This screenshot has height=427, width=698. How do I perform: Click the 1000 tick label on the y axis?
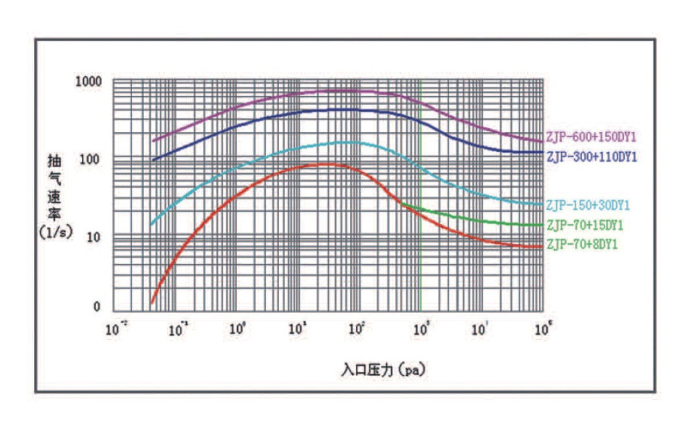click(88, 82)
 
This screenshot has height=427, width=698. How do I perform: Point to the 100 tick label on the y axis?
click(92, 159)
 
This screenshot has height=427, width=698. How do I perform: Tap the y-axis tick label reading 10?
click(95, 237)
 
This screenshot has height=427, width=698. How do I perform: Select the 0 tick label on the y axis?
click(97, 307)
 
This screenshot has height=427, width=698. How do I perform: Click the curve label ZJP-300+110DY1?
click(591, 156)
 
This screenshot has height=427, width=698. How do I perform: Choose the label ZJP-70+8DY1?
click(582, 245)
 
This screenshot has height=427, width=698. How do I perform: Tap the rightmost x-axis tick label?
click(543, 329)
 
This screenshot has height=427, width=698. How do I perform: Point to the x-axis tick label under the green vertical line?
click(421, 329)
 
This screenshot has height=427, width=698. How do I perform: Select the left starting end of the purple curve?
click(153, 140)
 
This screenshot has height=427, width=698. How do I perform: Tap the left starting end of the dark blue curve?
click(153, 160)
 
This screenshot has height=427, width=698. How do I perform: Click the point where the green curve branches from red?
click(401, 203)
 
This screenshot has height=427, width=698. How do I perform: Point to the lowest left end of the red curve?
click(151, 302)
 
